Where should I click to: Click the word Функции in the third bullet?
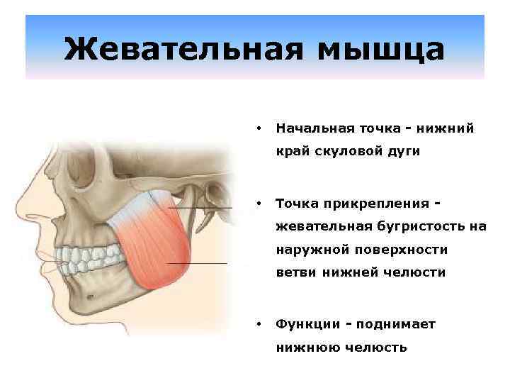[x=305, y=324]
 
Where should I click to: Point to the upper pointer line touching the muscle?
[x=205, y=207]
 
